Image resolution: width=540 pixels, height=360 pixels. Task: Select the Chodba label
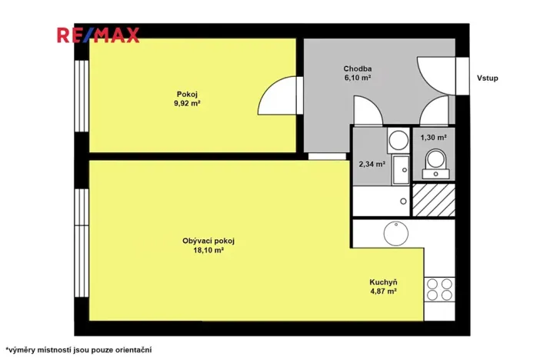click(358, 67)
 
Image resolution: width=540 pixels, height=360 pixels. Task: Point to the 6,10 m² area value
click(358, 77)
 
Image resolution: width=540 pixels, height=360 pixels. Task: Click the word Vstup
click(488, 78)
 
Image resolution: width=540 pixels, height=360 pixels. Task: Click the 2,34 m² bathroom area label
click(372, 162)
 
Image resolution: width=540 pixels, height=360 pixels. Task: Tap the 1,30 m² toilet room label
click(434, 138)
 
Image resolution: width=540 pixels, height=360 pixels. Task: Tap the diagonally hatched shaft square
click(434, 200)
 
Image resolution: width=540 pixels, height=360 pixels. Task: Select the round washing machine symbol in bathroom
click(398, 140)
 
